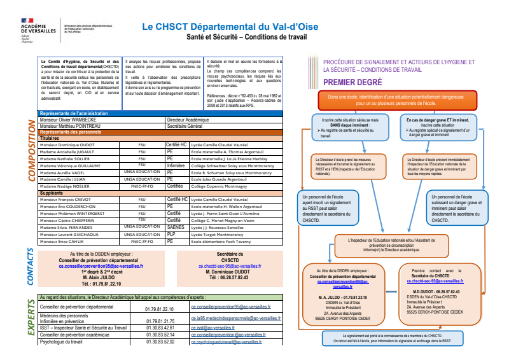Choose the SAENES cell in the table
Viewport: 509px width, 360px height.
point(175,226)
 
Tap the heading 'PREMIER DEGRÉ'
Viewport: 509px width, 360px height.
point(352,83)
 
